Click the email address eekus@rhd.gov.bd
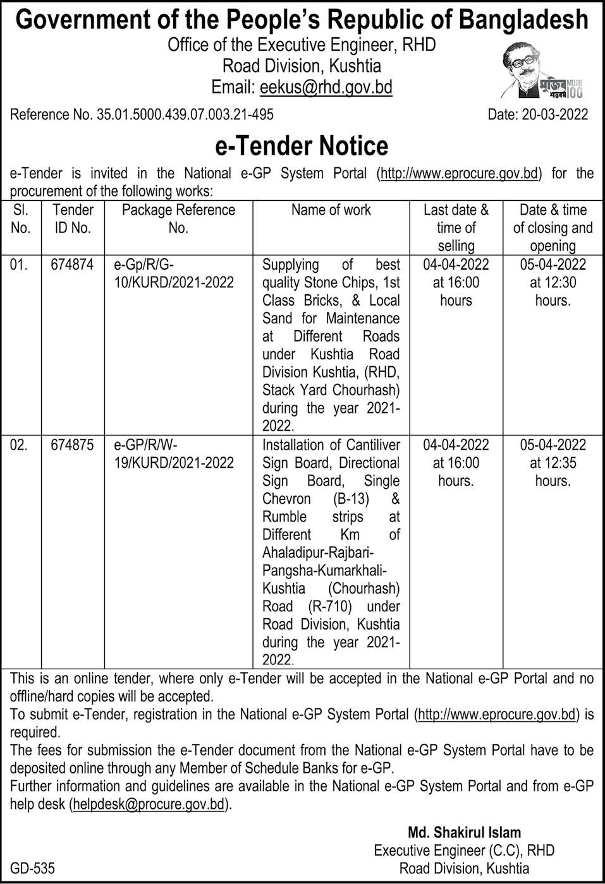tap(323, 87)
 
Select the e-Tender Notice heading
tap(302, 145)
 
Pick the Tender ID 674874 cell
tap(72, 265)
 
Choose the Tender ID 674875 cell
tap(72, 445)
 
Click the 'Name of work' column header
tap(331, 210)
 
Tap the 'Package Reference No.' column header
tap(178, 219)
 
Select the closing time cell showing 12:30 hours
tap(553, 282)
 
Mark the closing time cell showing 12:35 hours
tap(553, 463)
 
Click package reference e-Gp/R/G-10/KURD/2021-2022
tap(173, 273)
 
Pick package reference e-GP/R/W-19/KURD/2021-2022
tap(173, 454)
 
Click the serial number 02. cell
tap(20, 445)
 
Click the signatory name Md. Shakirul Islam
tap(464, 832)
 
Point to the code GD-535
tap(32, 868)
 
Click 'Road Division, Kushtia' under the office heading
tap(302, 66)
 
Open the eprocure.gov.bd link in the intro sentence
tap(460, 174)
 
